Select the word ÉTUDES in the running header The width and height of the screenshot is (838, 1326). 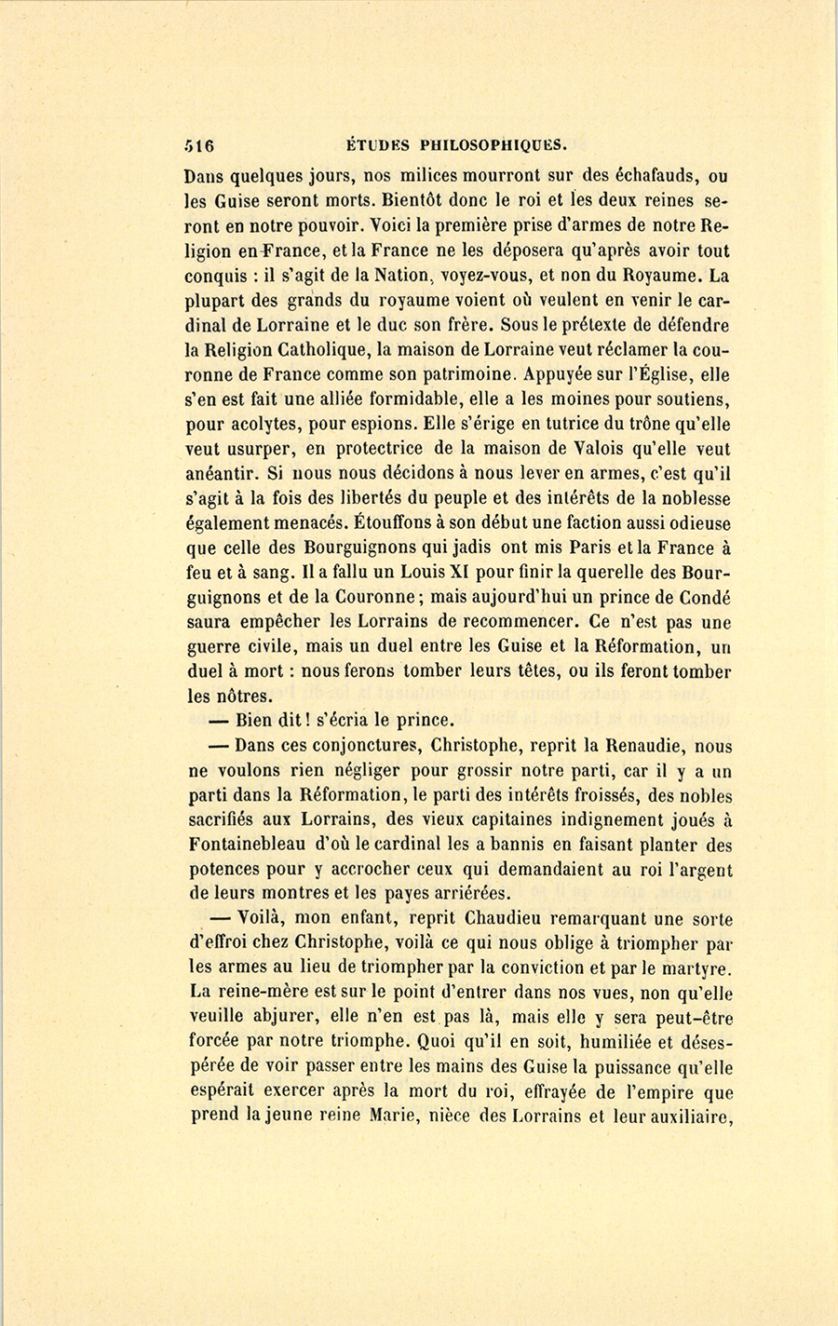(x=378, y=145)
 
